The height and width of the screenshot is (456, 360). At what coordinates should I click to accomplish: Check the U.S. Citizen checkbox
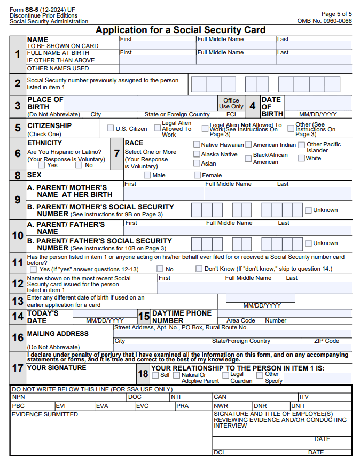click(x=111, y=128)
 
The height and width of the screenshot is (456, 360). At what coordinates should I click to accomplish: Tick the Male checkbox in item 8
click(x=147, y=175)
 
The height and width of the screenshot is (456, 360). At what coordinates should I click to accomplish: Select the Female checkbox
click(x=197, y=175)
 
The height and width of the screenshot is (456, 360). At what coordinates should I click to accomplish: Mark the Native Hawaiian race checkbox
click(x=197, y=145)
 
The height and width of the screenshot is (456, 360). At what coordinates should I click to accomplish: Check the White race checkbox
click(x=302, y=158)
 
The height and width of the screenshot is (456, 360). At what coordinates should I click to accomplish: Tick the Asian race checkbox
click(x=197, y=163)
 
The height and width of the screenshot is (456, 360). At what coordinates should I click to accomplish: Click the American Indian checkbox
click(x=249, y=145)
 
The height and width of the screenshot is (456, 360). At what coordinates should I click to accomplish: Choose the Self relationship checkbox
click(x=155, y=375)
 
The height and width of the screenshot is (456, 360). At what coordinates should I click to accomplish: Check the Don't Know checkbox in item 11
click(x=199, y=269)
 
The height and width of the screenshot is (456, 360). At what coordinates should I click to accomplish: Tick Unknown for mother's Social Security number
click(x=308, y=210)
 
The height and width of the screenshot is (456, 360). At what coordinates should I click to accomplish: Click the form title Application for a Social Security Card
click(x=180, y=30)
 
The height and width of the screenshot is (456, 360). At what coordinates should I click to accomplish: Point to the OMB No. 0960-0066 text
click(x=324, y=21)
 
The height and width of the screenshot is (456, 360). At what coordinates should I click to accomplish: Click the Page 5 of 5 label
click(x=336, y=14)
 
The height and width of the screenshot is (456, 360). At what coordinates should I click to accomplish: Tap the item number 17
click(x=18, y=368)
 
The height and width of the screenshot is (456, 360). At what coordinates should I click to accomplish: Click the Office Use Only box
click(x=231, y=103)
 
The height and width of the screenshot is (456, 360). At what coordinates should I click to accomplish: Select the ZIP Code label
click(x=326, y=341)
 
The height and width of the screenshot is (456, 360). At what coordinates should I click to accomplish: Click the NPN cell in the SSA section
click(x=19, y=397)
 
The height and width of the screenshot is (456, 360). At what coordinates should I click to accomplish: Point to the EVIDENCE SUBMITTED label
click(x=45, y=414)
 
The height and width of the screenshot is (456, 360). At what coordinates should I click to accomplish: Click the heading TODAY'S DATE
click(x=43, y=316)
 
